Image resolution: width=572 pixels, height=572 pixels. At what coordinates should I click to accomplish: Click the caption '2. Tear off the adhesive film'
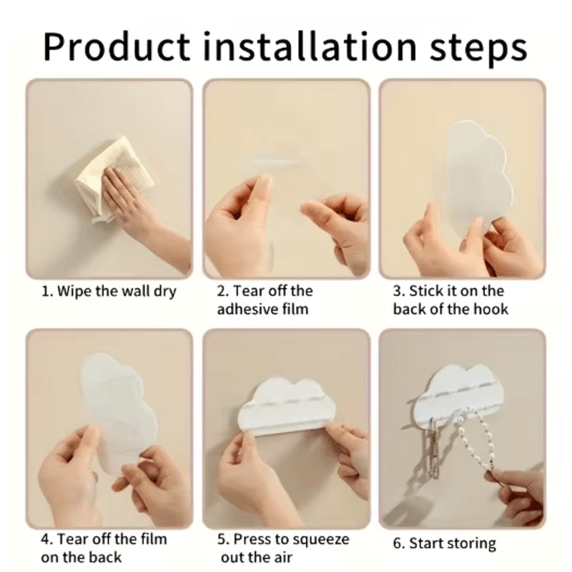pyautogui.click(x=265, y=300)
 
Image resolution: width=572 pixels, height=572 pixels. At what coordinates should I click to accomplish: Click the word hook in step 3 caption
pyautogui.click(x=490, y=310)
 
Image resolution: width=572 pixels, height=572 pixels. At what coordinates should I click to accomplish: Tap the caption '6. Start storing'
pyautogui.click(x=444, y=544)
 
